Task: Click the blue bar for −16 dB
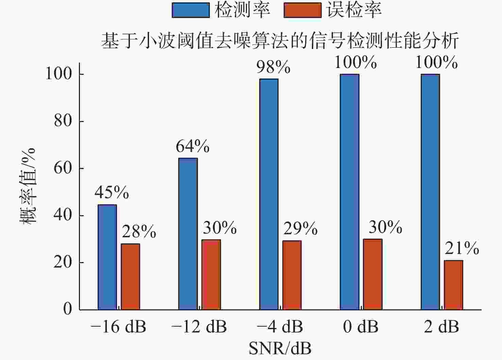[107, 257]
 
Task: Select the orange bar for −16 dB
[131, 277]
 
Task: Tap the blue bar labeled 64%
[188, 234]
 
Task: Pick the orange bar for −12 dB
[211, 275]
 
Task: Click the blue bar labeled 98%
[269, 194]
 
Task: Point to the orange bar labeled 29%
[292, 275]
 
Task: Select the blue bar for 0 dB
[349, 192]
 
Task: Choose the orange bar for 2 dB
[453, 285]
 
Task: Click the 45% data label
[112, 192]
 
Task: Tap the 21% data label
[462, 248]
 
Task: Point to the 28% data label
[139, 232]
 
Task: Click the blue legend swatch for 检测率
[190, 10]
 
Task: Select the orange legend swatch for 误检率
[302, 10]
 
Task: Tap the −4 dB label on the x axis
[280, 327]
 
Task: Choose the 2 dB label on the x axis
[441, 327]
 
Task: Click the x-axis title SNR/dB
[280, 348]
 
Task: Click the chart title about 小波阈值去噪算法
[280, 41]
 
